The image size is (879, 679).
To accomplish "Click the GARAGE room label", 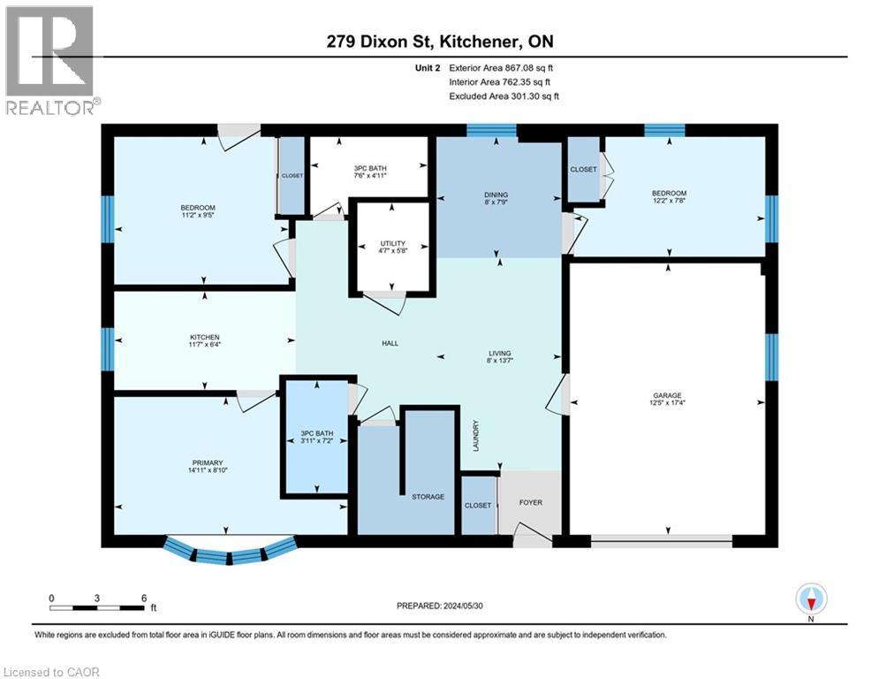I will [667, 396].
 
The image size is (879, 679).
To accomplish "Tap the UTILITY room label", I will [392, 243].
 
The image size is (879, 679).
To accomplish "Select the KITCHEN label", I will [204, 337].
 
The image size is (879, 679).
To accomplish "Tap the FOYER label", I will [530, 503].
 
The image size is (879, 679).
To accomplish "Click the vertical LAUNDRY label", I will [475, 436].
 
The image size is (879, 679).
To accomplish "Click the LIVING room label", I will [499, 353].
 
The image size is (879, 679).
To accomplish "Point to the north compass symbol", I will [810, 599].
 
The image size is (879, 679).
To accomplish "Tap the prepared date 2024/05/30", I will [440, 606].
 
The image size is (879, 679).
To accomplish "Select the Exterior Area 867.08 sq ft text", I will [504, 67].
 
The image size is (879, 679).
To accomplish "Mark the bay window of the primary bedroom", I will [229, 554].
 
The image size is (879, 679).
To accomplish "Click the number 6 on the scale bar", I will [143, 597].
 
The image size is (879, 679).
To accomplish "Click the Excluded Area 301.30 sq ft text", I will [504, 95].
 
